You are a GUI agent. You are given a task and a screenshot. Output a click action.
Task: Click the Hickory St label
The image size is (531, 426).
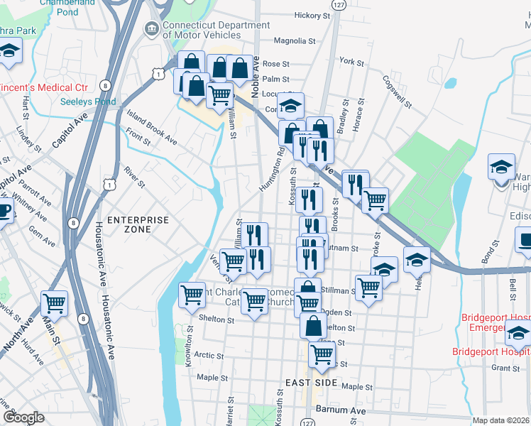(312, 15)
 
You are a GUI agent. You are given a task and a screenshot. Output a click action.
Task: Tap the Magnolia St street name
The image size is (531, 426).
(294, 41)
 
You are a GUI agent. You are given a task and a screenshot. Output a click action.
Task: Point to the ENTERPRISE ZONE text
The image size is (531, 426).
(138, 224)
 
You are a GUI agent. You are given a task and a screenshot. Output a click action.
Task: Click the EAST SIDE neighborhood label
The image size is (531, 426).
(310, 383)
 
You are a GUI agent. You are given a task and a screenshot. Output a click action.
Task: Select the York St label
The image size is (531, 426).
(351, 62)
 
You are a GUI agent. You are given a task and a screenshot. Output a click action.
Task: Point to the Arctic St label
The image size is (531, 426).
(209, 356)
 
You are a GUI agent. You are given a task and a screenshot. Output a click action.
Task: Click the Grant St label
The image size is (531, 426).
(505, 368)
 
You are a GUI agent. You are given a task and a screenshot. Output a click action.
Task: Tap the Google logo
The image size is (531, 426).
(23, 417)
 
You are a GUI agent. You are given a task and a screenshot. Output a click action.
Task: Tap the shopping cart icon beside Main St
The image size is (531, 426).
(54, 303)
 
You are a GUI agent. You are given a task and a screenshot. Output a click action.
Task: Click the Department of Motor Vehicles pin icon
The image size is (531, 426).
(150, 29)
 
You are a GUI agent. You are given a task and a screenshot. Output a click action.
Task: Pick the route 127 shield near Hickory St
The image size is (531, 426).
(341, 4)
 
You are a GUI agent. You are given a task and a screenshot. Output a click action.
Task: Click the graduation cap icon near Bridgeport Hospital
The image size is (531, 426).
(518, 332)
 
